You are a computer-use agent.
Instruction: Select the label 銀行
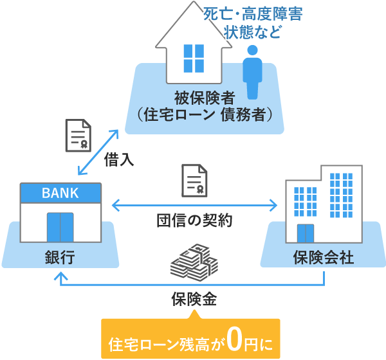[x=60, y=258]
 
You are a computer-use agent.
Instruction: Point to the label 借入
[x=119, y=161]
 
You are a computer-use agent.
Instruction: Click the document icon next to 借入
[x=78, y=136]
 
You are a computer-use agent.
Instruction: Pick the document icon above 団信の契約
[x=194, y=181]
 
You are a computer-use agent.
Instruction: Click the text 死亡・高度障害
[x=252, y=14]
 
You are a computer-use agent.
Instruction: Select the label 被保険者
[x=203, y=98]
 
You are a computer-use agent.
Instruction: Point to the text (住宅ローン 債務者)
[x=203, y=114]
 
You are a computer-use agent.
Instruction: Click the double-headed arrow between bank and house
[x=98, y=151]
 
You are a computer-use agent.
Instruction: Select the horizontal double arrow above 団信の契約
[x=194, y=205]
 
